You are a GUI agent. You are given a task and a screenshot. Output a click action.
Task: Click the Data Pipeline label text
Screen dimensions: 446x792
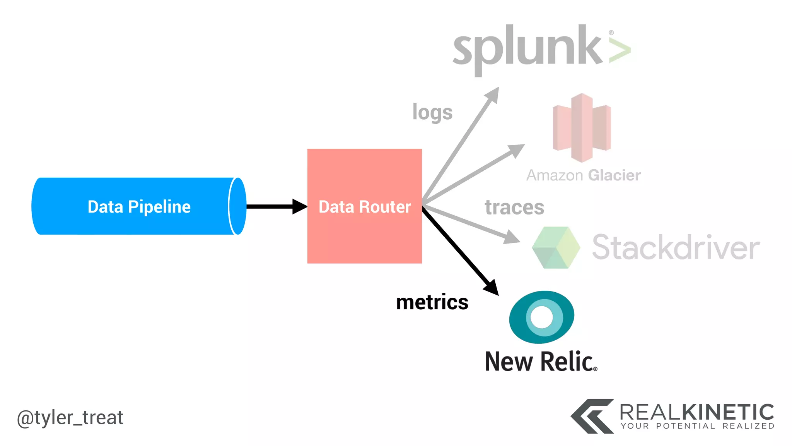(139, 207)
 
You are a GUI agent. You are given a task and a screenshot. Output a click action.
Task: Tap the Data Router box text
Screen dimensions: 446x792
(364, 207)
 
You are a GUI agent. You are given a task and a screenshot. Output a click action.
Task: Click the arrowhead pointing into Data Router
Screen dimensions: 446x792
(300, 206)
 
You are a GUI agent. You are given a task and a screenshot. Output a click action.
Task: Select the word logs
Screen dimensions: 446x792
(432, 112)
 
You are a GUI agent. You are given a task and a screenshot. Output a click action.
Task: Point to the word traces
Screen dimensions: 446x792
(514, 207)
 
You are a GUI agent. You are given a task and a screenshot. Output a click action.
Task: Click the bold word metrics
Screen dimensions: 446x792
(432, 302)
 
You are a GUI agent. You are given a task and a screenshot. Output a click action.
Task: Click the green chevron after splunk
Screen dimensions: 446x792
(620, 51)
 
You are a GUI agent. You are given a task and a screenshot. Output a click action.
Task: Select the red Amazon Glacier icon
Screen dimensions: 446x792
(582, 128)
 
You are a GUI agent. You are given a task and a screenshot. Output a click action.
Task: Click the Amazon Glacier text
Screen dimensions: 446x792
(583, 175)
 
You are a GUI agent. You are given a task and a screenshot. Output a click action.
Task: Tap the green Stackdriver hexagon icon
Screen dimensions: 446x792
(556, 248)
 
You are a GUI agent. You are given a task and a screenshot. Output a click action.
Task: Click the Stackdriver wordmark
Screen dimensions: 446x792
(676, 248)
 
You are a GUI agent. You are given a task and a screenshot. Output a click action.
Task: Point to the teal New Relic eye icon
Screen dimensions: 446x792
(542, 317)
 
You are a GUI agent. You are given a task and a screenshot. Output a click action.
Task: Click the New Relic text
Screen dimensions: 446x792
(541, 362)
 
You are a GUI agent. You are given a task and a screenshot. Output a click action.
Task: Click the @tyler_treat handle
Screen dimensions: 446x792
(70, 418)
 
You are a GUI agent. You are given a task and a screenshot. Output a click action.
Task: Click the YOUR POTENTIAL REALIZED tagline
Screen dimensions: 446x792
(697, 426)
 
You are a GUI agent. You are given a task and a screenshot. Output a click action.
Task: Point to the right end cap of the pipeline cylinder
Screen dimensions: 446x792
(237, 206)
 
